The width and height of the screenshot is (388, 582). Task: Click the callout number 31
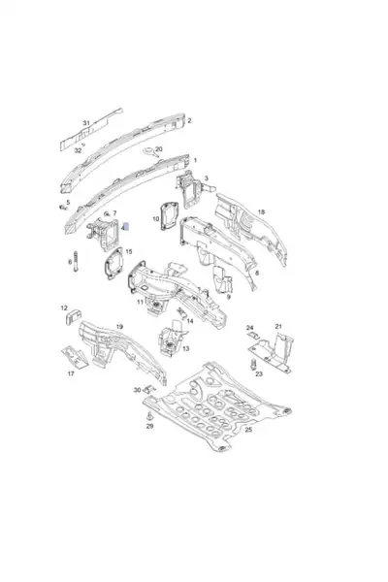click(x=86, y=123)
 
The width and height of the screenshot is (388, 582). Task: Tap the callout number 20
click(x=158, y=149)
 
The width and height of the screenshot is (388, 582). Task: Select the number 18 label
click(x=261, y=211)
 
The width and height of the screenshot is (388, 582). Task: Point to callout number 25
click(x=248, y=430)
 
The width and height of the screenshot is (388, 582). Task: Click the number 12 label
click(x=64, y=308)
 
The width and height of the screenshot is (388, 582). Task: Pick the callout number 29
click(x=149, y=426)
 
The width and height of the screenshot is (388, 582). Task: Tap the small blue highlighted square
click(x=126, y=226)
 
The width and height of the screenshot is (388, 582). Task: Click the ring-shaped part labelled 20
click(x=149, y=151)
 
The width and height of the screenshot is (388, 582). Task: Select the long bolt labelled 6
click(x=76, y=261)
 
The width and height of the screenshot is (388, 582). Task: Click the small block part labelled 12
click(x=74, y=317)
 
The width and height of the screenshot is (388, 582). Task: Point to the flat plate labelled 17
click(x=75, y=357)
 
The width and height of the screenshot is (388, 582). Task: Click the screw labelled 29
click(x=149, y=416)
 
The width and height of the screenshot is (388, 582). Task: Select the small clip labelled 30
click(x=149, y=389)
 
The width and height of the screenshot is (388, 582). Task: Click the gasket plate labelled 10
click(x=170, y=215)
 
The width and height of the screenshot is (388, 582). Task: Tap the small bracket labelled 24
click(x=254, y=336)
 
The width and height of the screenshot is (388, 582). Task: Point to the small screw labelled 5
click(x=62, y=208)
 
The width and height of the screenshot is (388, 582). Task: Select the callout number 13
click(x=185, y=348)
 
